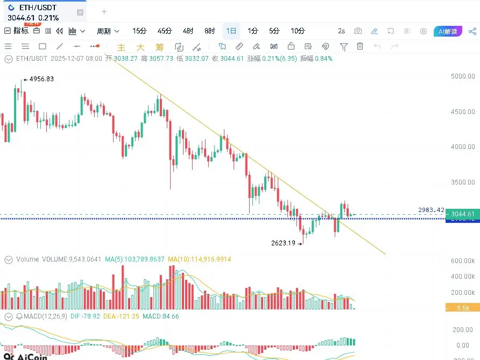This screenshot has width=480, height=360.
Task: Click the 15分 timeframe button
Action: (139, 31)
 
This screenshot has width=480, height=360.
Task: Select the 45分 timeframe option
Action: (164, 31)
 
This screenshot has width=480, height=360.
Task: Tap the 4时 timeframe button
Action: (188, 31)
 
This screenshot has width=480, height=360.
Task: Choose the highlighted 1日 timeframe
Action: (231, 31)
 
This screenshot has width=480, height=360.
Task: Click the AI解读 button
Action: (448, 31)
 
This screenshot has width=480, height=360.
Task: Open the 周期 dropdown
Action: (108, 31)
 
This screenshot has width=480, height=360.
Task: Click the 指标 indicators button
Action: (17, 31)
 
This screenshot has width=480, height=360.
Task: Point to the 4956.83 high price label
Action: (41, 79)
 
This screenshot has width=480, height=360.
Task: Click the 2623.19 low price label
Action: (284, 243)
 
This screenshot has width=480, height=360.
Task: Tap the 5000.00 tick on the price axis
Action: (463, 76)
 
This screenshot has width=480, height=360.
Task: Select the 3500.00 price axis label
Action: (463, 182)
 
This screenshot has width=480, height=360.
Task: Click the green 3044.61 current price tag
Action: (463, 214)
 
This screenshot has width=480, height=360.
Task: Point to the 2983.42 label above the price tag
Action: (431, 210)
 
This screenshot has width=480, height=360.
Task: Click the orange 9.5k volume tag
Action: (462, 308)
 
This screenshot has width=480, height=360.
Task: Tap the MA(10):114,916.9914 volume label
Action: (199, 259)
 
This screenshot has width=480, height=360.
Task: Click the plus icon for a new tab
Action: (104, 11)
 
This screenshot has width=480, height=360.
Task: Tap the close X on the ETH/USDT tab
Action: (80, 12)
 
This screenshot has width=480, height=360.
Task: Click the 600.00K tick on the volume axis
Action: (463, 261)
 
